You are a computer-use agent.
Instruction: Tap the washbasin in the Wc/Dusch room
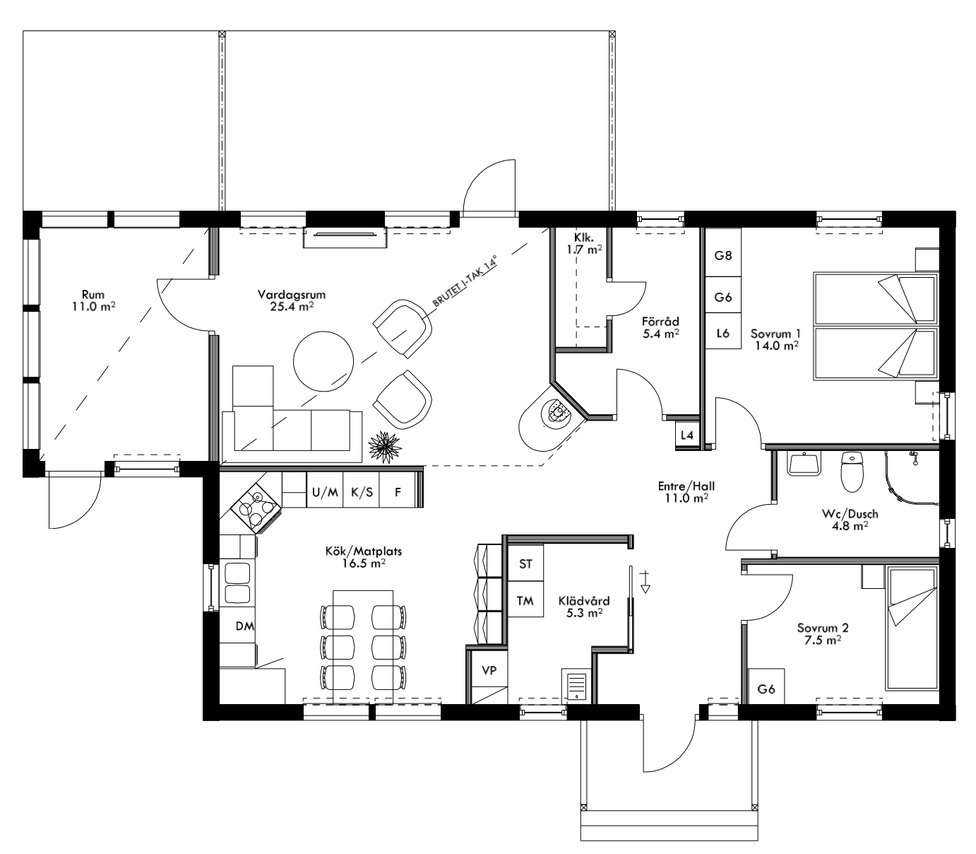pos(804,465)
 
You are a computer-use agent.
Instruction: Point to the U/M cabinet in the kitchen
pos(325,492)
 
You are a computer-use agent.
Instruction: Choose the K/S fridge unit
pos(362,492)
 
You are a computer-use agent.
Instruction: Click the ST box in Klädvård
pos(525,563)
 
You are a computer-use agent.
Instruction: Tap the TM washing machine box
pos(525,600)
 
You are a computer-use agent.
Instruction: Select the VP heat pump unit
pos(489,669)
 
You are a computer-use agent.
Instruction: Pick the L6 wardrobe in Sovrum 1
pos(722,332)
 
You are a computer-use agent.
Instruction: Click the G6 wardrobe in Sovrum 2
pos(766,689)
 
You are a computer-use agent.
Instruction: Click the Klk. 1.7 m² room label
pos(583,243)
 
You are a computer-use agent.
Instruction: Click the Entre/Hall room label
pos(686,492)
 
